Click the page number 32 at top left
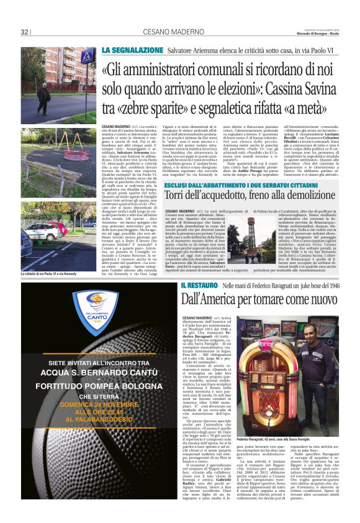25,32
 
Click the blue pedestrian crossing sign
86,57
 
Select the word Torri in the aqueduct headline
175,179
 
